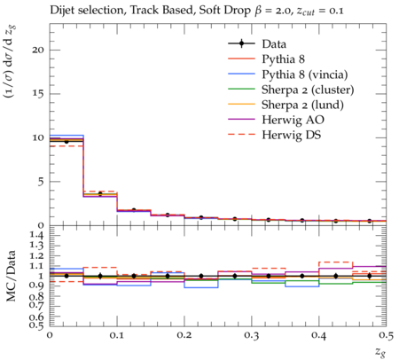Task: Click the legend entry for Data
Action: tap(274, 44)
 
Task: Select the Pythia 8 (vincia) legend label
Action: tap(305, 74)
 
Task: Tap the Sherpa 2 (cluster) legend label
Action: tap(308, 90)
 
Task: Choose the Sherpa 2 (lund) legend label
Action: tap(302, 105)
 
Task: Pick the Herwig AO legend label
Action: tap(293, 120)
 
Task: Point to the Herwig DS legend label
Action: tap(292, 135)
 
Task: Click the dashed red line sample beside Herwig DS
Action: tap(241, 135)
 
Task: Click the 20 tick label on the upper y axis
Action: tap(38, 50)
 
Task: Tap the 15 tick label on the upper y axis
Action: tap(38, 94)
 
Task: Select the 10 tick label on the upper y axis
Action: tap(38, 137)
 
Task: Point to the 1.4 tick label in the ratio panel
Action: tap(36, 235)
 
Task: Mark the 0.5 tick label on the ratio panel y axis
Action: tap(36, 325)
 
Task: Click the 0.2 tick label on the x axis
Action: tap(184, 335)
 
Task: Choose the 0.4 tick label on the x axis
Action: tap(319, 335)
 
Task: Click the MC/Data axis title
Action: tap(11, 276)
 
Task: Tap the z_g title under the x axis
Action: tap(380, 351)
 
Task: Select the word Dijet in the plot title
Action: tap(60, 11)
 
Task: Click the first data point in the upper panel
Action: tap(66, 142)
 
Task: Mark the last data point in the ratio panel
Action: tap(370, 276)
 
